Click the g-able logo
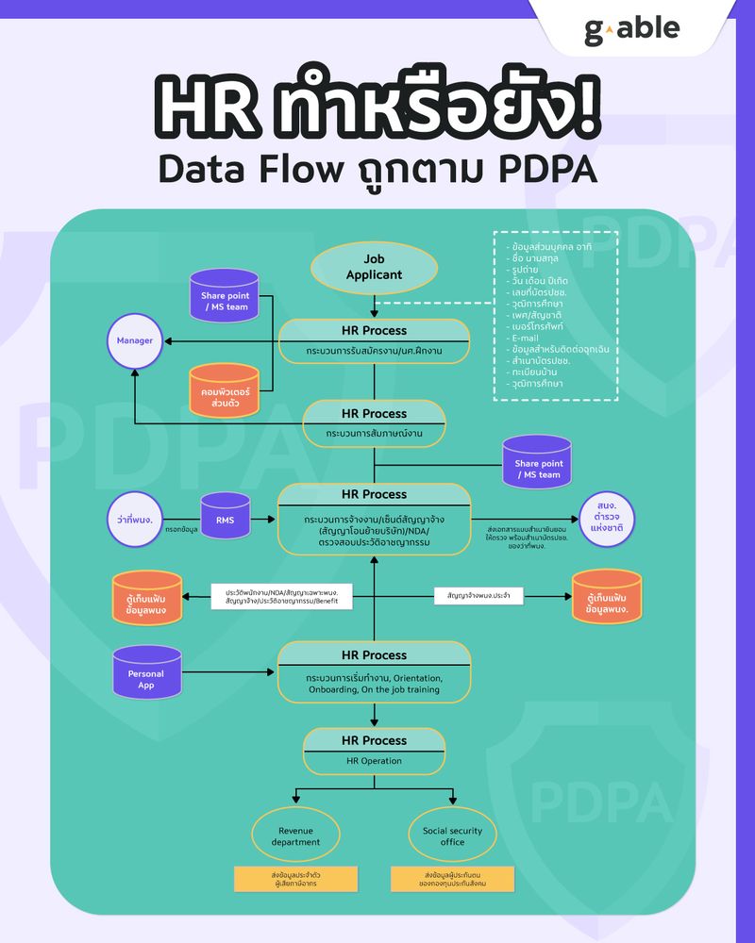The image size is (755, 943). (x=631, y=29)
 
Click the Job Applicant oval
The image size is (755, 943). (x=375, y=267)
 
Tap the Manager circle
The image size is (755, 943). (x=134, y=340)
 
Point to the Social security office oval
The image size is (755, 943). (x=452, y=835)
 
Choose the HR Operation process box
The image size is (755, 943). (x=374, y=751)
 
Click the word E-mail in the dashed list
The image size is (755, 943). (x=525, y=338)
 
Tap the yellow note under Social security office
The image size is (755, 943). (x=452, y=879)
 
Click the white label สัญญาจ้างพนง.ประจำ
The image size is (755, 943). (x=478, y=596)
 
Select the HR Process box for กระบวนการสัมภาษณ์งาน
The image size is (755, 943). (x=374, y=423)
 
